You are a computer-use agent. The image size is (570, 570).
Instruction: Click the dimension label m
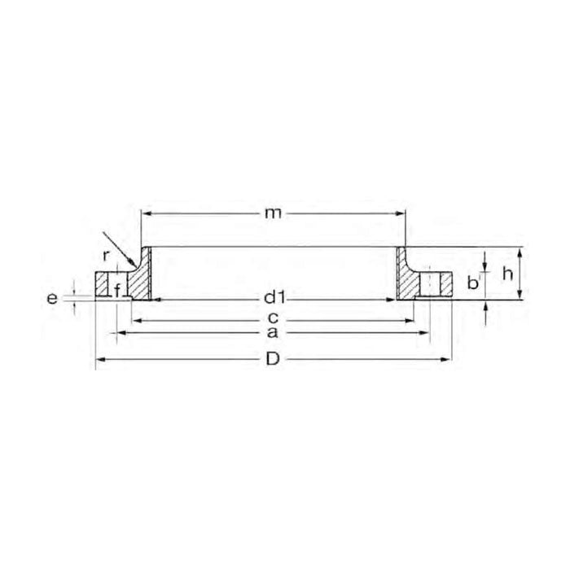point(273,213)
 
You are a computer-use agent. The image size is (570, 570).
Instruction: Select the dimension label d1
point(274,299)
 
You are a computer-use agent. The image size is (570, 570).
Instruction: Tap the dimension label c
point(273,318)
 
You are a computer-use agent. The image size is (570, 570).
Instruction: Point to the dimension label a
point(272,332)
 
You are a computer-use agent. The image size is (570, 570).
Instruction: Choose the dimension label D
point(273,360)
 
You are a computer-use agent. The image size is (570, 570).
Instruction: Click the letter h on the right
point(507,274)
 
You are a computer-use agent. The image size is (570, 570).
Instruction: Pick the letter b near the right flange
point(472,283)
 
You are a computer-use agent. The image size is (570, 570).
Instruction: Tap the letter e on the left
point(52,299)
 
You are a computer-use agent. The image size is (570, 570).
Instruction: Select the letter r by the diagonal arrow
point(105,256)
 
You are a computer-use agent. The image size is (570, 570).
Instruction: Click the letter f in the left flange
point(117,291)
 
